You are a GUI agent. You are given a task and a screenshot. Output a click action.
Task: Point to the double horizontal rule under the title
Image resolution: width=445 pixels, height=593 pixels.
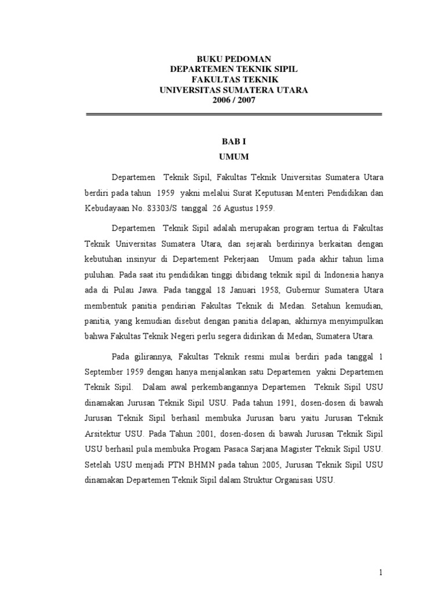click(234, 115)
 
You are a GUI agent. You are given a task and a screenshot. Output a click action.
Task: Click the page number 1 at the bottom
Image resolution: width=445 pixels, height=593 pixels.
click(381, 573)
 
